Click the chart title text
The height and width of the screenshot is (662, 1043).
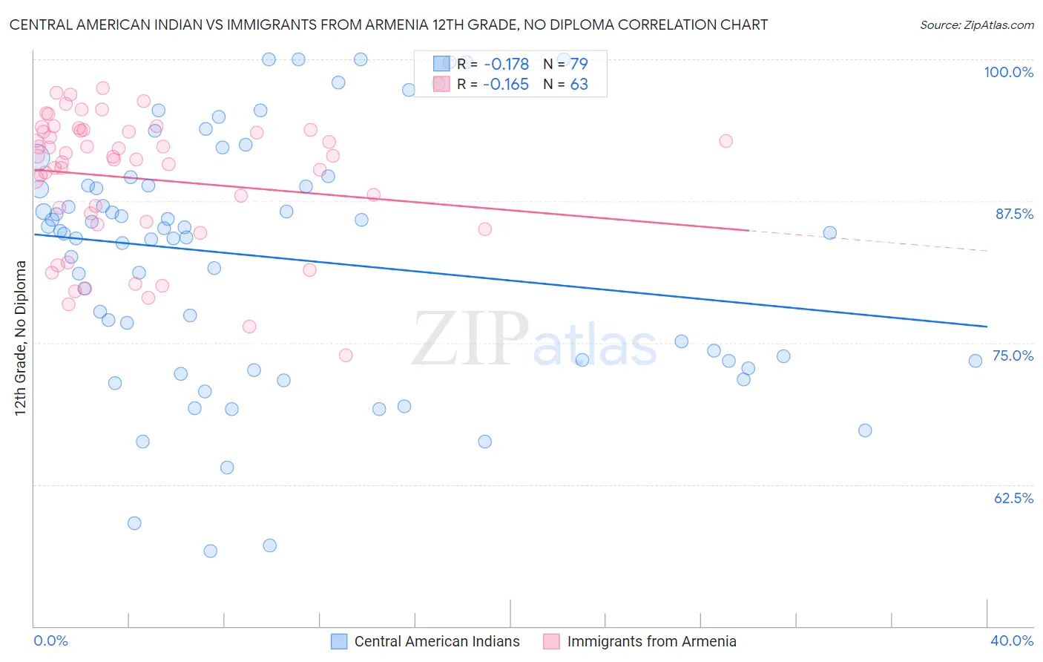click(x=388, y=24)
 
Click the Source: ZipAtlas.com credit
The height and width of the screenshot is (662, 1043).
click(x=976, y=25)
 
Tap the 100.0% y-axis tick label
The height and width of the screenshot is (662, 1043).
click(x=1008, y=72)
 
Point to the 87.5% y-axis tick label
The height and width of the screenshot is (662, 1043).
click(x=1014, y=214)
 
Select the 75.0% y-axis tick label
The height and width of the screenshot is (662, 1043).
click(x=1013, y=355)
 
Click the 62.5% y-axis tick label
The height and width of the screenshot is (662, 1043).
click(x=1013, y=498)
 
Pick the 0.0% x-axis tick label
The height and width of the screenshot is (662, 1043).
click(x=50, y=640)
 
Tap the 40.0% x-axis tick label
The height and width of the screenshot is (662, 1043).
click(x=1012, y=640)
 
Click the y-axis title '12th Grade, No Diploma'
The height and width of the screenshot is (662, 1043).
click(x=21, y=338)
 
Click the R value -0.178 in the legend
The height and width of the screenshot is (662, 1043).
click(x=506, y=65)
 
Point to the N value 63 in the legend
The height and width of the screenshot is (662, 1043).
click(x=579, y=85)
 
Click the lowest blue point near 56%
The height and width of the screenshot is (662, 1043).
click(x=210, y=551)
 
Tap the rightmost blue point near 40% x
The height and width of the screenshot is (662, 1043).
click(x=975, y=361)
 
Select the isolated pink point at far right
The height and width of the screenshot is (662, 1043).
click(x=726, y=141)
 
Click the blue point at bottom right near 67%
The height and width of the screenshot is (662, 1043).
click(x=864, y=430)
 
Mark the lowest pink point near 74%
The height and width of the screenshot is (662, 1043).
click(x=346, y=355)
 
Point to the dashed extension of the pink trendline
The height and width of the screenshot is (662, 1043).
click(x=868, y=240)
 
